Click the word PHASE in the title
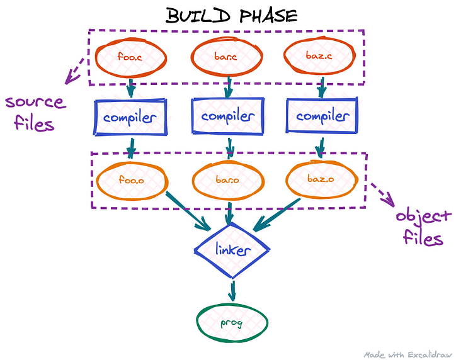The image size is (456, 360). tap(268, 16)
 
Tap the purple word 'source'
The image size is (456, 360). tap(36, 103)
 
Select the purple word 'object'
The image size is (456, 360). tap(423, 217)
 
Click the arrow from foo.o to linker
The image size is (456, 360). tap(188, 211)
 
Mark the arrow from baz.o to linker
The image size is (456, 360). tap(276, 215)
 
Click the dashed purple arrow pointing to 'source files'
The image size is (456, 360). tap(74, 71)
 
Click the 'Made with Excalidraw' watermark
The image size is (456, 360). tap(408, 355)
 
